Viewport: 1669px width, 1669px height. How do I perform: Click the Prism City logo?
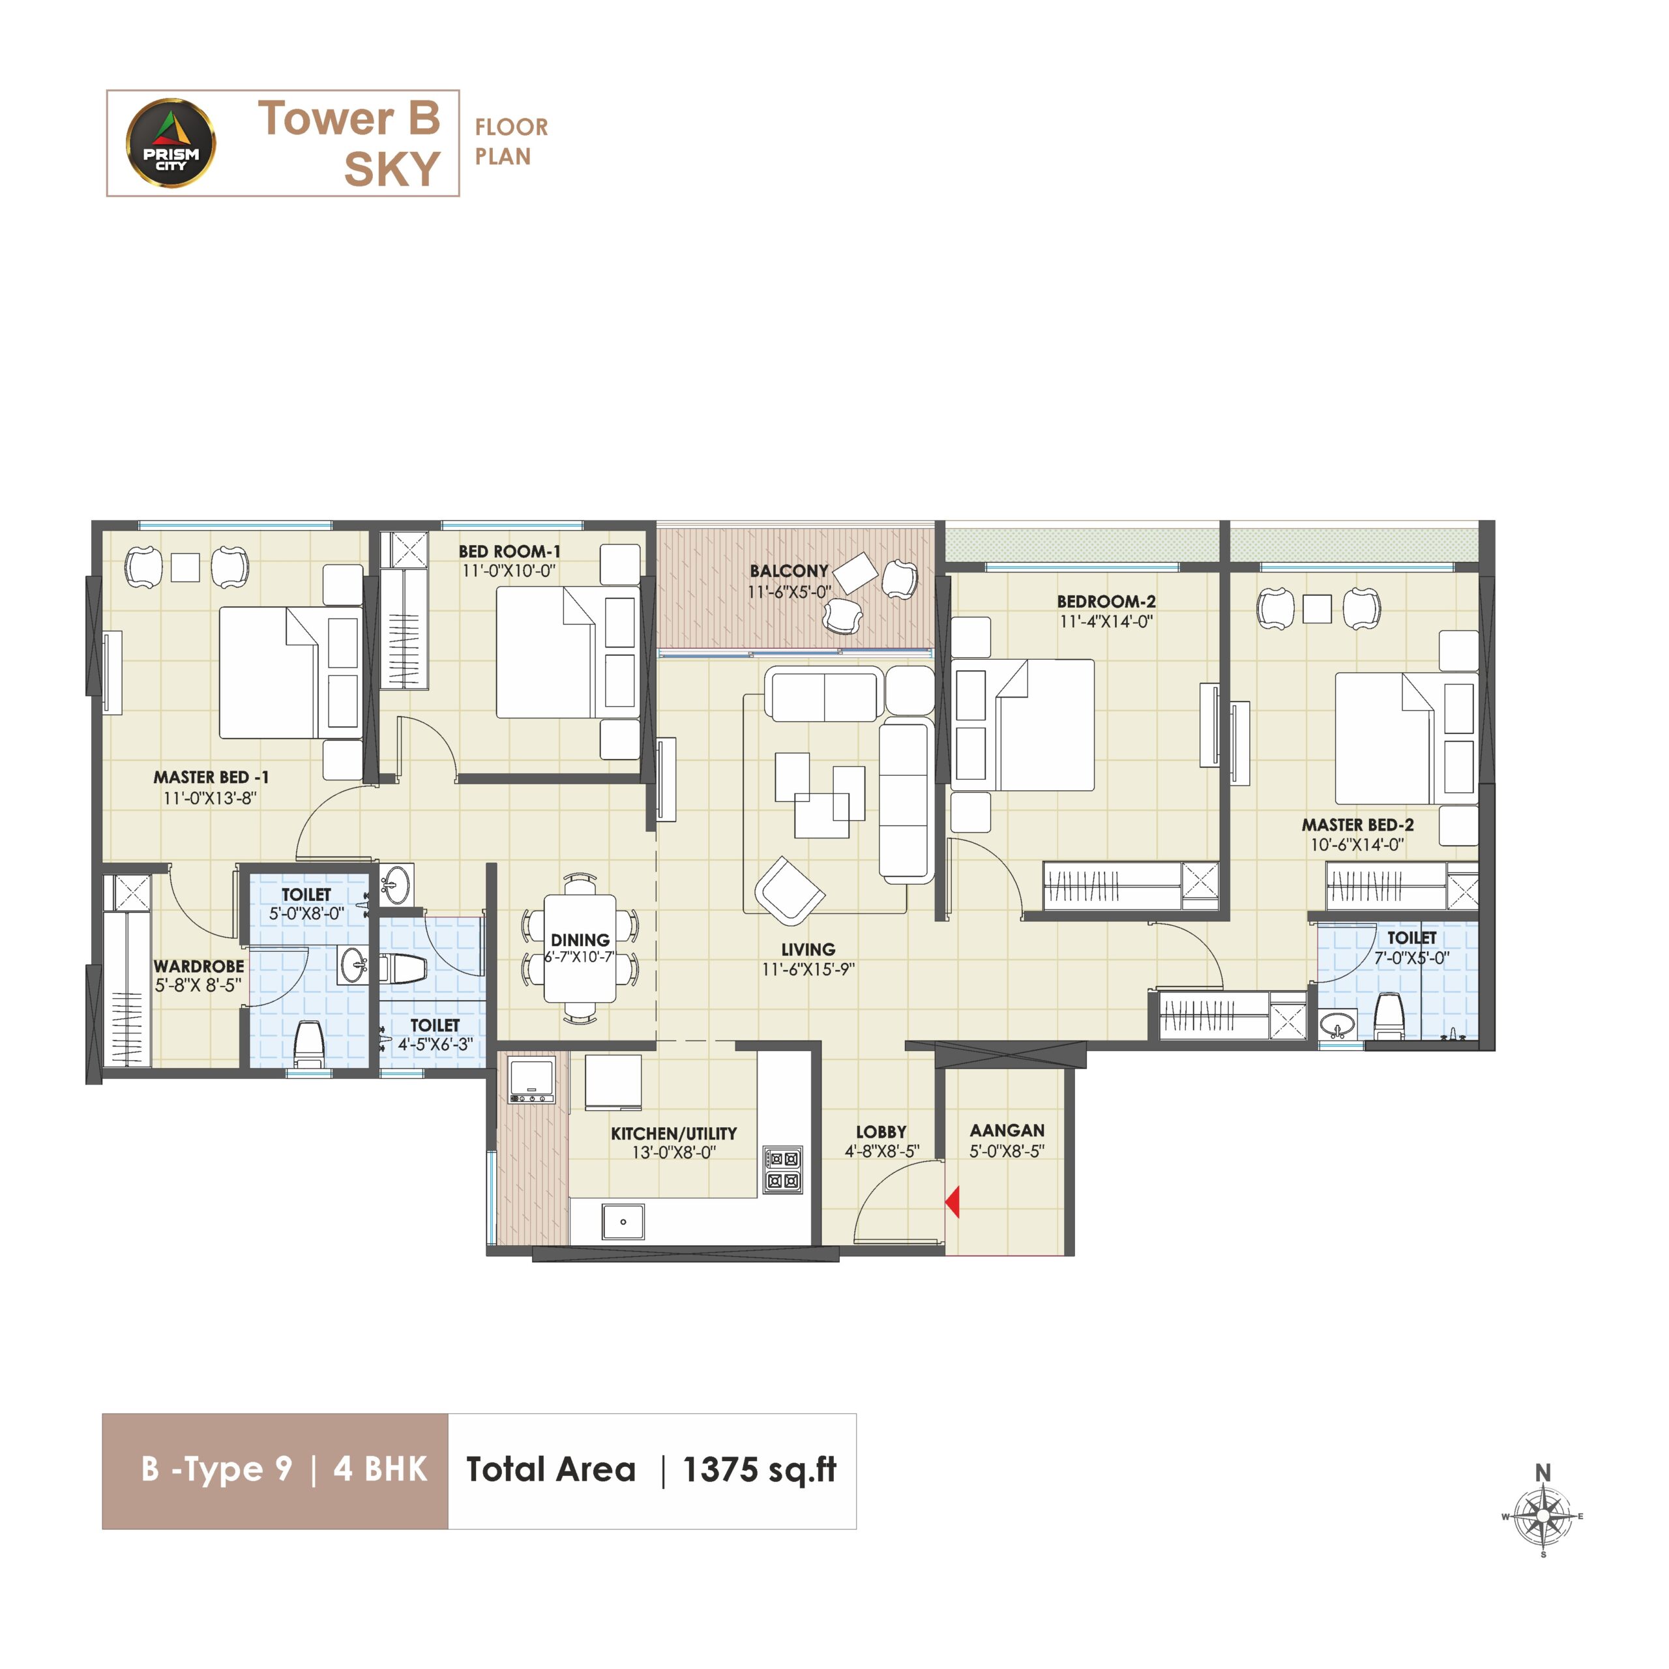171,143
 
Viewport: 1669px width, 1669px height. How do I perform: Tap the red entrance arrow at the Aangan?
953,1202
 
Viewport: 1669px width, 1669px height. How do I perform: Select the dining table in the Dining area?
580,949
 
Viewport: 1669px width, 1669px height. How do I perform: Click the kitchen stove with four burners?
782,1170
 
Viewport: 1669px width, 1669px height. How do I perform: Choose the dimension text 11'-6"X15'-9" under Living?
808,969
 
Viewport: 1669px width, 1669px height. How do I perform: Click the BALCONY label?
789,571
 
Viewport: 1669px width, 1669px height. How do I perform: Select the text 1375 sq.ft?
760,1470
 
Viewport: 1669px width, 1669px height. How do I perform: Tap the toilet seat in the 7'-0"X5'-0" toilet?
1387,1016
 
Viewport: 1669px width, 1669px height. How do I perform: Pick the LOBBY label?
881,1132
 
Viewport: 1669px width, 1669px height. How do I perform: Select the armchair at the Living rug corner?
790,891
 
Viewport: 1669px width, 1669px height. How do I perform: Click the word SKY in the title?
392,170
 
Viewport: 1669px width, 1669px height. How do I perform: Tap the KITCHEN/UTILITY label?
674,1133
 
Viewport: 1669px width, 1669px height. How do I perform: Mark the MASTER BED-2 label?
1358,825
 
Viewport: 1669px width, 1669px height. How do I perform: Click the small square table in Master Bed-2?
1318,609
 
